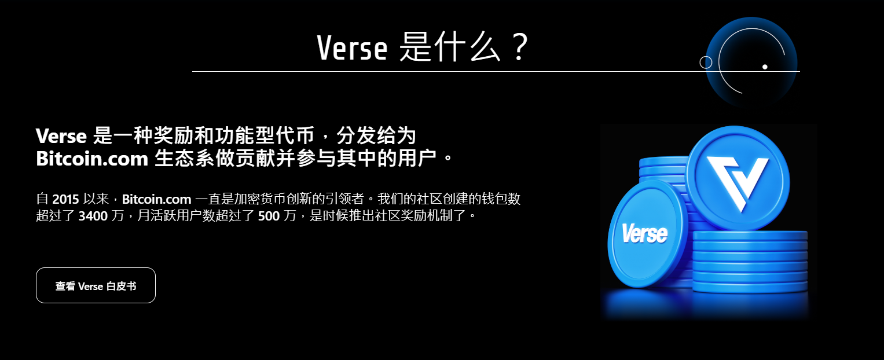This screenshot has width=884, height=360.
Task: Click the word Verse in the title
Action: pos(352,48)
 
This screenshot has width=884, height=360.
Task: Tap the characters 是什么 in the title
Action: pos(450,47)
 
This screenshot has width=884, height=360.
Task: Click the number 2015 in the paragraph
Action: pos(65,199)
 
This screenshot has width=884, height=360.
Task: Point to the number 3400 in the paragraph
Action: pos(93,216)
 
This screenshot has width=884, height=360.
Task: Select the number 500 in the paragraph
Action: pos(269,216)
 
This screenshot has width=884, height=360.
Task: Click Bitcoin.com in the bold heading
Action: pos(92,159)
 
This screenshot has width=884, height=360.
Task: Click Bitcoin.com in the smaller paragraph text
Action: pos(156,199)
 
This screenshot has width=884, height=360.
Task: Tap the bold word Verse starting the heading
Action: pos(61,136)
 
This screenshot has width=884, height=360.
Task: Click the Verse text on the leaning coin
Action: pos(644,234)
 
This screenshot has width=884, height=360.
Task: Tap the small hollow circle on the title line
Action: pos(706,63)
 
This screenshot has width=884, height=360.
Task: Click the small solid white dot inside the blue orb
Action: pos(765,67)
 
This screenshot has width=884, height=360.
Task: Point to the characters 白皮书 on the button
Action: pos(122,286)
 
